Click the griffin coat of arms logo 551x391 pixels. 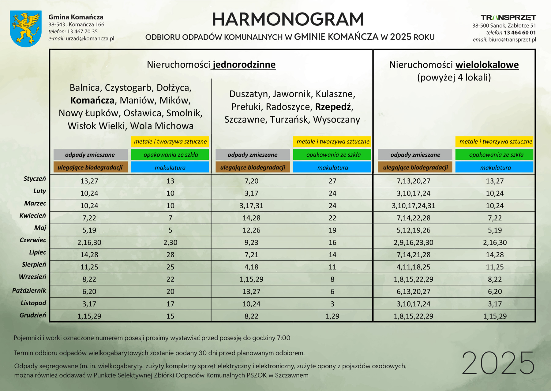coord(26,28)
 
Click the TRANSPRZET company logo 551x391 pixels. coord(508,17)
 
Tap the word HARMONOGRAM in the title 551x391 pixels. coord(288,20)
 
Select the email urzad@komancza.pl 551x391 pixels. coord(90,39)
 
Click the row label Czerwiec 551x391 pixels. coord(33,240)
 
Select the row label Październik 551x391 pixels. coord(29,291)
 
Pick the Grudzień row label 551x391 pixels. coord(33,315)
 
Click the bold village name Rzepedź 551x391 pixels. coord(333,107)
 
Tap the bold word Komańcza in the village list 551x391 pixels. coord(92,100)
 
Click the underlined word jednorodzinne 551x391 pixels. coord(244,65)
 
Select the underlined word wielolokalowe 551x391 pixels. coord(487,65)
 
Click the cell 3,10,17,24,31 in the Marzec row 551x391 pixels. coord(413,206)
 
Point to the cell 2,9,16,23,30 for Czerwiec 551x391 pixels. coord(413,243)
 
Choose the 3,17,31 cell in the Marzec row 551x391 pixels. coord(251,206)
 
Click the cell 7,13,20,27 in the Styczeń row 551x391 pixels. coord(413,181)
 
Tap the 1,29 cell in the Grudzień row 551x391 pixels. coord(332,316)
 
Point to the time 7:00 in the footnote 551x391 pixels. coord(283,338)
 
